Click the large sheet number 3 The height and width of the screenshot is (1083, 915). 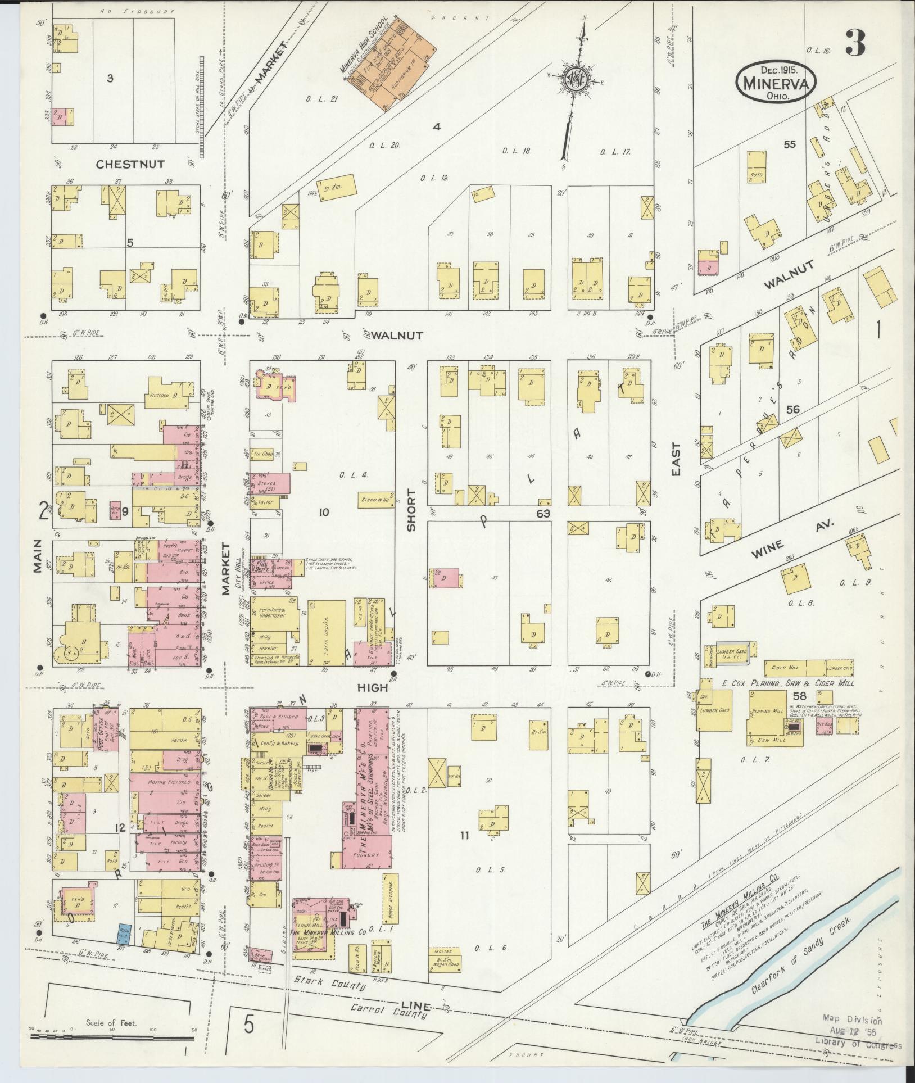(855, 44)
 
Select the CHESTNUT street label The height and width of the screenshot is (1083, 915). (130, 164)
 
